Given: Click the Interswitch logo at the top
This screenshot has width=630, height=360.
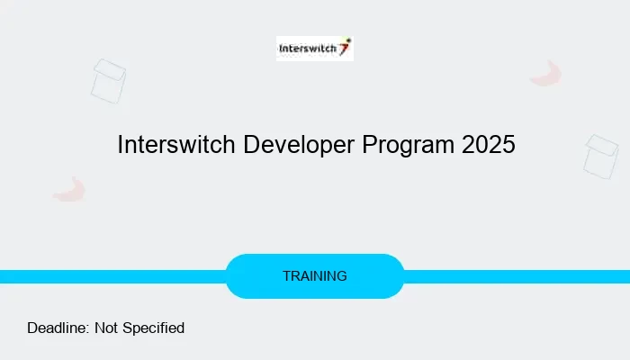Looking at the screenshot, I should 314,49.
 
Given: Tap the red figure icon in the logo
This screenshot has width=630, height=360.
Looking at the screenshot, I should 345,46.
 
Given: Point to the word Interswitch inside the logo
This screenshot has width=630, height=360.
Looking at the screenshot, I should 307,49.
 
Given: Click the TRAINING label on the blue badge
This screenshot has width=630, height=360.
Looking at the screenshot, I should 314,276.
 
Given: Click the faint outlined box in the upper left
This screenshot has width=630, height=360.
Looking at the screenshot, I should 108,80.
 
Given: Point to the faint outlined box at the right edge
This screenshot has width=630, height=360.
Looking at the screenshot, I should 601,155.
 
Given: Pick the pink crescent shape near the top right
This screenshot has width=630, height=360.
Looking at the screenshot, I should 546,74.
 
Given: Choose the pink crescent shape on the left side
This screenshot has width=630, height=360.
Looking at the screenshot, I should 69,189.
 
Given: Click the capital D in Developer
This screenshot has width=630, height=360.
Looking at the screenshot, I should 250,145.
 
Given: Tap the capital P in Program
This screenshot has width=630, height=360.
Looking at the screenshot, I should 369,145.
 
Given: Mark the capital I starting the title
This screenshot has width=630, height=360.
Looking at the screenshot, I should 121,145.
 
